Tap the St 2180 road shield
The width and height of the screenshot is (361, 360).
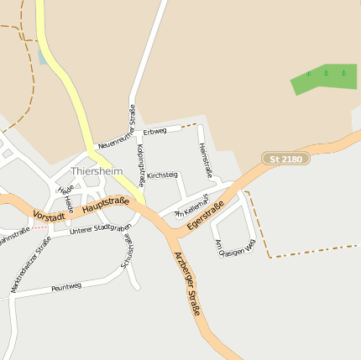pyautogui.click(x=286, y=159)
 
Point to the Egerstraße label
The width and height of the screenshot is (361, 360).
pyautogui.click(x=206, y=216)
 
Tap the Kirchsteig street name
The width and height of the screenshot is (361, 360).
pyautogui.click(x=162, y=175)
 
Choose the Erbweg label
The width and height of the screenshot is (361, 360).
pyautogui.click(x=155, y=132)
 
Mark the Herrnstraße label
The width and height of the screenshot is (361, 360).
pyautogui.click(x=206, y=160)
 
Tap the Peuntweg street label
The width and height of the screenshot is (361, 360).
pyautogui.click(x=66, y=287)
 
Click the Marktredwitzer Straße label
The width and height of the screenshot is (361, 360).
pyautogui.click(x=30, y=263)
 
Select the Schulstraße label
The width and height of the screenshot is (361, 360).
pyautogui.click(x=128, y=250)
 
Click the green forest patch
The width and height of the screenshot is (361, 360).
pyautogui.click(x=323, y=78)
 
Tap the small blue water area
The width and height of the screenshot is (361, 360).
pyautogui.click(x=42, y=55)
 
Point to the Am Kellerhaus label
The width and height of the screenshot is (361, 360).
pyautogui.click(x=191, y=212)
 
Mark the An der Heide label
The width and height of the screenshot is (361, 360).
pyautogui.click(x=65, y=194)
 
